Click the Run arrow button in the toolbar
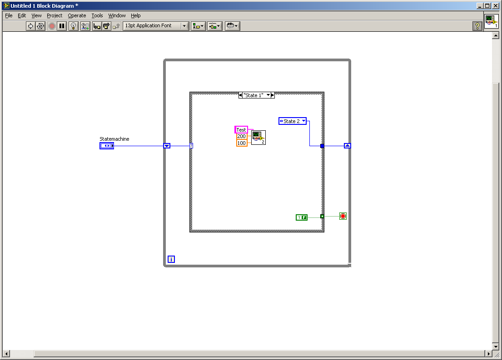pyautogui.click(x=30, y=26)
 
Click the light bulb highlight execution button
pyautogui.click(x=73, y=26)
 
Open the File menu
pyautogui.click(x=9, y=15)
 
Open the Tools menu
pyautogui.click(x=97, y=15)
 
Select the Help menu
pyautogui.click(x=135, y=15)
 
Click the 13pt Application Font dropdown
pyautogui.click(x=156, y=26)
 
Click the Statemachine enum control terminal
pyautogui.click(x=107, y=146)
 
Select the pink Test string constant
pyautogui.click(x=241, y=129)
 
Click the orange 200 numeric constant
pyautogui.click(x=241, y=136)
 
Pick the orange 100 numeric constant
pyautogui.click(x=241, y=143)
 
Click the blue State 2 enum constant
pyautogui.click(x=292, y=121)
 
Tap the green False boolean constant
pyautogui.click(x=302, y=217)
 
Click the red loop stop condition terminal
pyautogui.click(x=343, y=217)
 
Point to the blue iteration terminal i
pyautogui.click(x=171, y=259)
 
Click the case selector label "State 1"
pyautogui.click(x=253, y=95)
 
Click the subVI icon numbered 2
pyautogui.click(x=258, y=138)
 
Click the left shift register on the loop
pyautogui.click(x=167, y=146)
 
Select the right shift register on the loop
pyautogui.click(x=348, y=146)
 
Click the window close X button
pyautogui.click(x=495, y=6)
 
